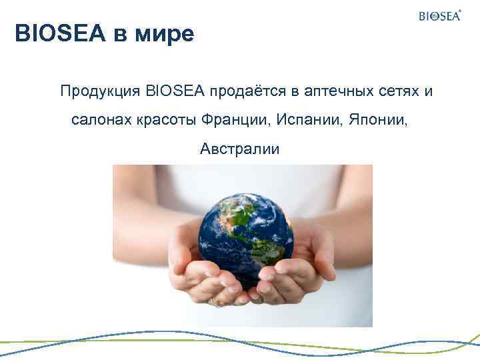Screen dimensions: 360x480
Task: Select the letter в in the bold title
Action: tap(118, 33)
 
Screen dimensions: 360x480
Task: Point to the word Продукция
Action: tap(93, 91)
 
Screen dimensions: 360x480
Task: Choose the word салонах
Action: tap(100, 121)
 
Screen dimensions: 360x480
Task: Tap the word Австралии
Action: tap(240, 150)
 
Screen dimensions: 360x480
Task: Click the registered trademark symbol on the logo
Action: tap(459, 11)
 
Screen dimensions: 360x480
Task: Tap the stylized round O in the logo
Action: tap(433, 17)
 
